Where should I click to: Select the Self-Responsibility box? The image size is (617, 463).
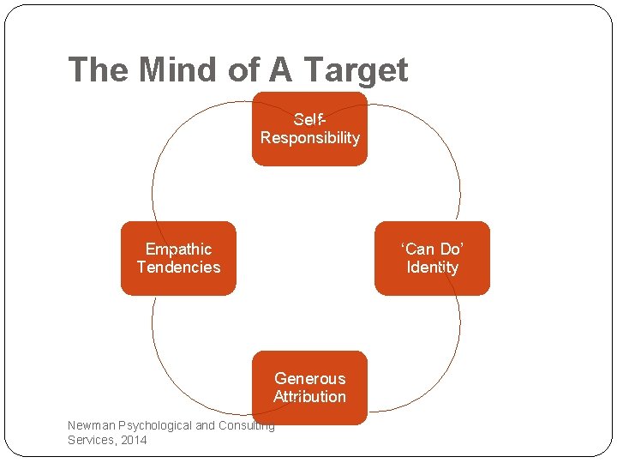[309, 129]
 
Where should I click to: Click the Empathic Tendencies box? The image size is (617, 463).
[178, 258]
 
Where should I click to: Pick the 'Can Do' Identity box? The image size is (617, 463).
[432, 258]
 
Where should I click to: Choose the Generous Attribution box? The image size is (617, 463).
[309, 388]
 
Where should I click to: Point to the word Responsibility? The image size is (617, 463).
[309, 138]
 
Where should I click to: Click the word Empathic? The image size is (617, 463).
[178, 249]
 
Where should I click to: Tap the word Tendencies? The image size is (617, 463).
[178, 268]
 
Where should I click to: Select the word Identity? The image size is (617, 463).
[432, 268]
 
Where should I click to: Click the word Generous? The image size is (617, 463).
[309, 378]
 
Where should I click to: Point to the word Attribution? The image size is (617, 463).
[309, 397]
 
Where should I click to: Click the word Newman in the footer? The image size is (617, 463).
[92, 425]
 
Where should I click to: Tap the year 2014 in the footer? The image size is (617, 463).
[133, 440]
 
